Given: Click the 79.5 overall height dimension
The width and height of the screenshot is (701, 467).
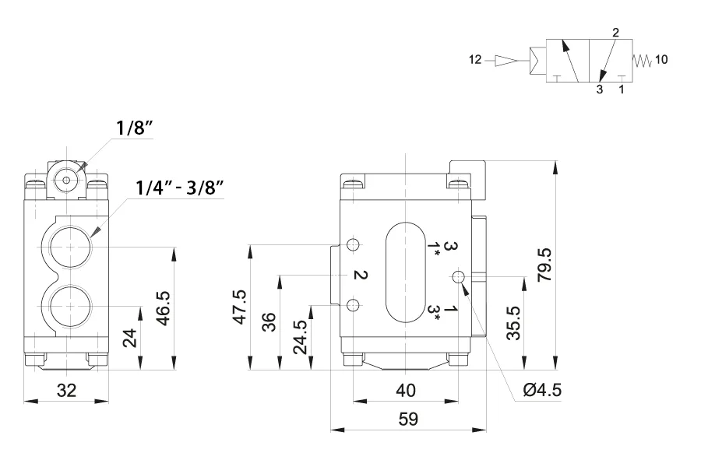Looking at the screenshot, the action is [544, 265].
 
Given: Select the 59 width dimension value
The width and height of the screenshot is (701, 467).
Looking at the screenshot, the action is [407, 420].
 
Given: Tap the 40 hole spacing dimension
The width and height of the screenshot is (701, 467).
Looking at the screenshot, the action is [406, 391].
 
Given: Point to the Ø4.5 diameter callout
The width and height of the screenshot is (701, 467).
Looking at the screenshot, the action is [542, 390].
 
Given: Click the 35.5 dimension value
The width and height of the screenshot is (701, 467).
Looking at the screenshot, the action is [513, 323].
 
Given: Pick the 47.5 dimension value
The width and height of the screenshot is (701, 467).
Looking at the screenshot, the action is [240, 307].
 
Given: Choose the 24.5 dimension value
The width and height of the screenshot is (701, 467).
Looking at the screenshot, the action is [301, 337].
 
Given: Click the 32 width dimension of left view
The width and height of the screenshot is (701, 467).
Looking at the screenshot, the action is [66, 391].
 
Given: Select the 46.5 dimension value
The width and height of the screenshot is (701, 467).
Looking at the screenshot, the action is [164, 308].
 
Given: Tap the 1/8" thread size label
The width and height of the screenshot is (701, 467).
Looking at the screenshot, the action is [134, 128].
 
